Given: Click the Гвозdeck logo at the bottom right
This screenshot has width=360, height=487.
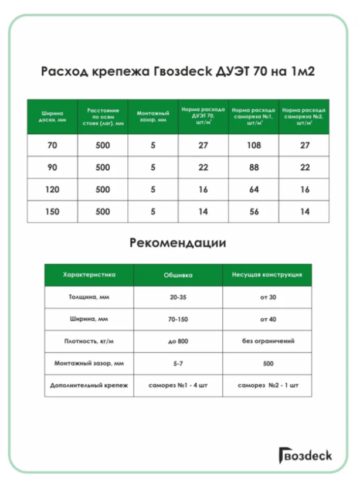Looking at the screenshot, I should pyautogui.click(x=305, y=455).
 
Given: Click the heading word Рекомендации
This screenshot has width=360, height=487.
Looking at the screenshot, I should pyautogui.click(x=177, y=243).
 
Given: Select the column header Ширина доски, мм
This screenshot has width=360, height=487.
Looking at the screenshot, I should pyautogui.click(x=52, y=116).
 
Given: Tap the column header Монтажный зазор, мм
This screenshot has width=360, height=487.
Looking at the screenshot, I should pyautogui.click(x=152, y=116).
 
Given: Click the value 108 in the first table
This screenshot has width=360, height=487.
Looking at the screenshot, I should pyautogui.click(x=254, y=145).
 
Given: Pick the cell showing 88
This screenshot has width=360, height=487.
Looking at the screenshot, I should pyautogui.click(x=254, y=167).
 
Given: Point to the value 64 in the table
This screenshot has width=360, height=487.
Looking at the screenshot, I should pyautogui.click(x=254, y=189).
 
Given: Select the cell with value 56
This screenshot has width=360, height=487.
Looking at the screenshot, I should pyautogui.click(x=254, y=212).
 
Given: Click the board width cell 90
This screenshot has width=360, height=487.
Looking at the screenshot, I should pyautogui.click(x=52, y=167).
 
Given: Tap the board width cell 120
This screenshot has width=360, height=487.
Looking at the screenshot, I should pyautogui.click(x=52, y=189).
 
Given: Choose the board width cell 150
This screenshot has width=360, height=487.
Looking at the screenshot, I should pyautogui.click(x=52, y=212).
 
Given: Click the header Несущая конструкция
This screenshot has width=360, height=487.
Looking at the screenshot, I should pyautogui.click(x=267, y=274).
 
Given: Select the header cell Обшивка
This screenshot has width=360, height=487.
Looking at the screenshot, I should pyautogui.click(x=178, y=274).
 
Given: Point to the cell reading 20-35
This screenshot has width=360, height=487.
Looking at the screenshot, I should pyautogui.click(x=178, y=297).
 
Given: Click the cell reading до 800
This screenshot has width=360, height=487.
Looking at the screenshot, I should pyautogui.click(x=178, y=341).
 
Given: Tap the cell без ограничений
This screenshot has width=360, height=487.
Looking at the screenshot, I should pyautogui.click(x=267, y=341).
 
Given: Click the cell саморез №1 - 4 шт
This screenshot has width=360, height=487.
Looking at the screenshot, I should pyautogui.click(x=178, y=386).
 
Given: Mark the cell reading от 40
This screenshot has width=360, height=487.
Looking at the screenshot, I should pyautogui.click(x=267, y=319).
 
